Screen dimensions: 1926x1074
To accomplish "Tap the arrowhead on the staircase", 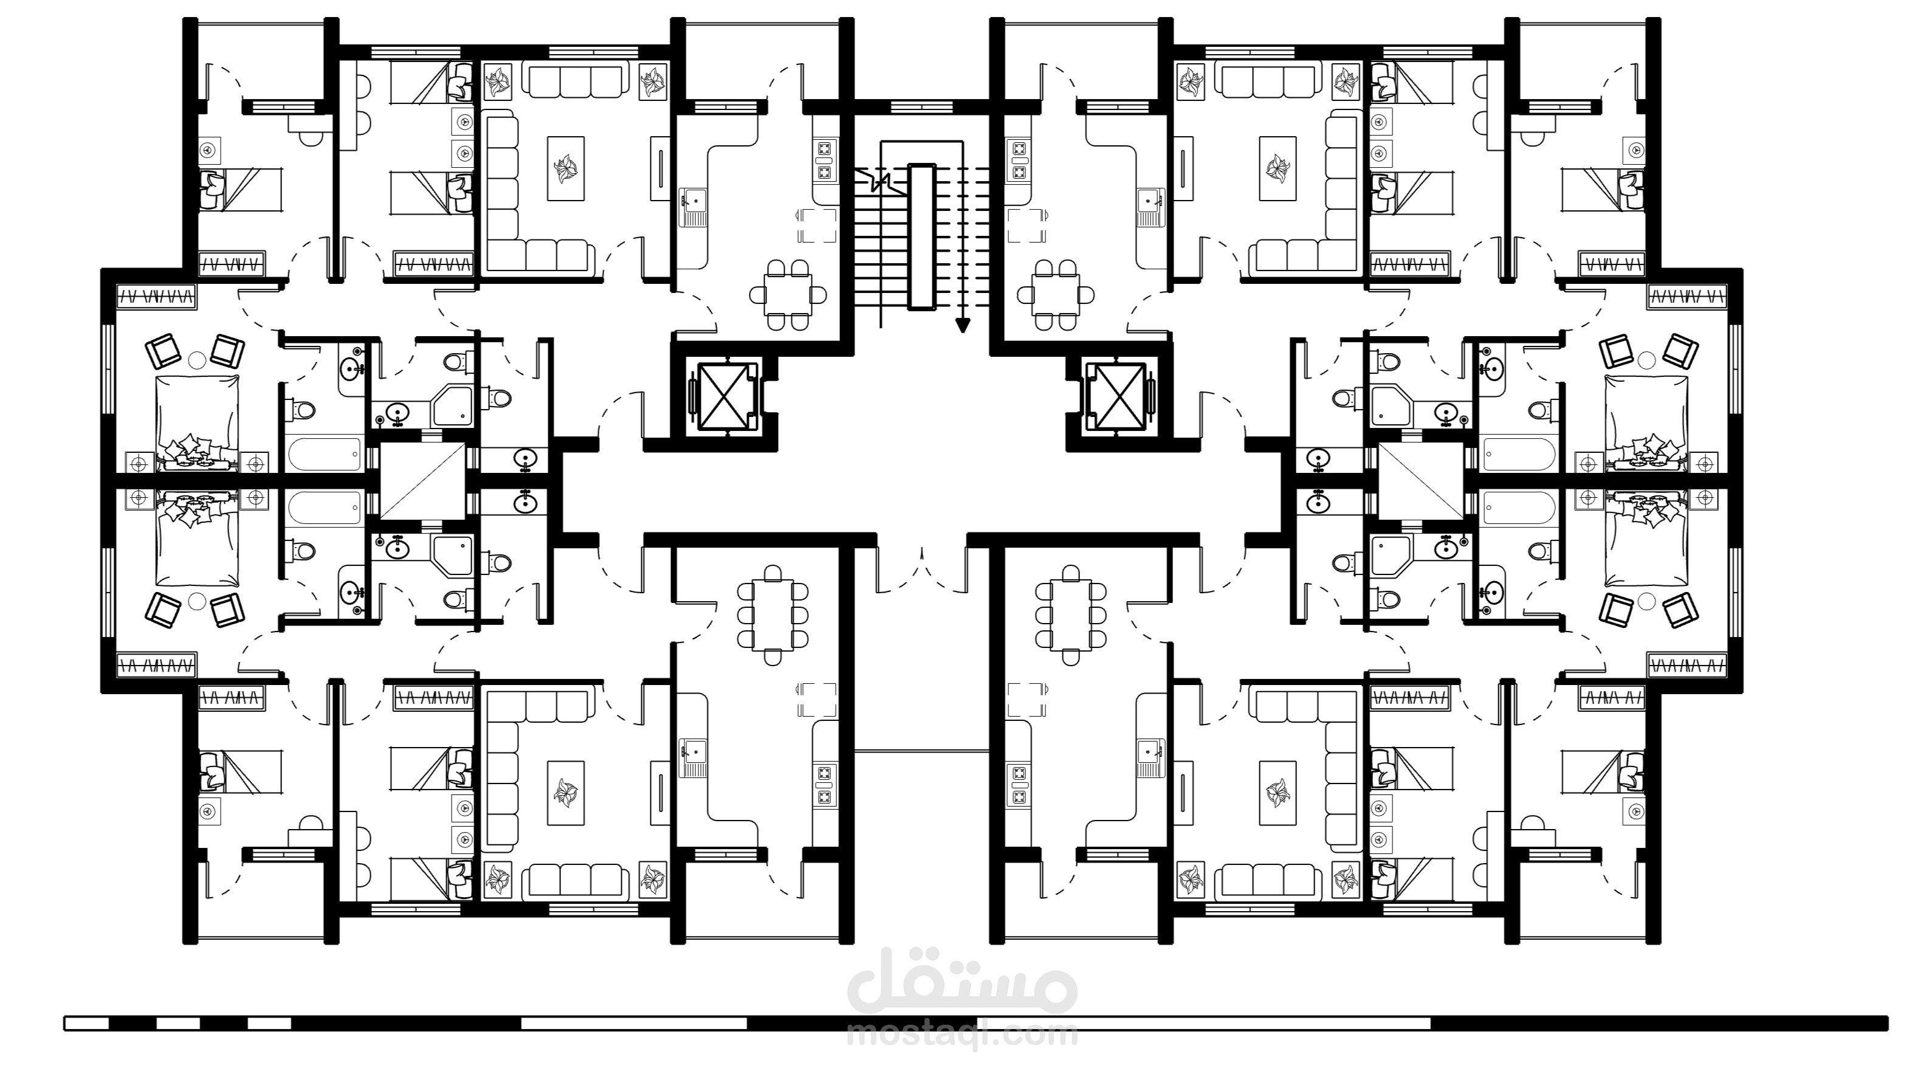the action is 962,325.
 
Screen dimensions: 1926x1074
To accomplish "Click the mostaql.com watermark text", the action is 963,1035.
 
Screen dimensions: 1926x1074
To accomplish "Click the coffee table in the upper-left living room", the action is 566,168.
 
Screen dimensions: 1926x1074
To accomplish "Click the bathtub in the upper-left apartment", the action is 325,455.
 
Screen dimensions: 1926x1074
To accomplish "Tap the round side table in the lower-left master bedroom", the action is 197,600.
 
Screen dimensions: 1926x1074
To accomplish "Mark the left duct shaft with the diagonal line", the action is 422,481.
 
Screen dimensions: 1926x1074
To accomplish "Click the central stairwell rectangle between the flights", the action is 921,236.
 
